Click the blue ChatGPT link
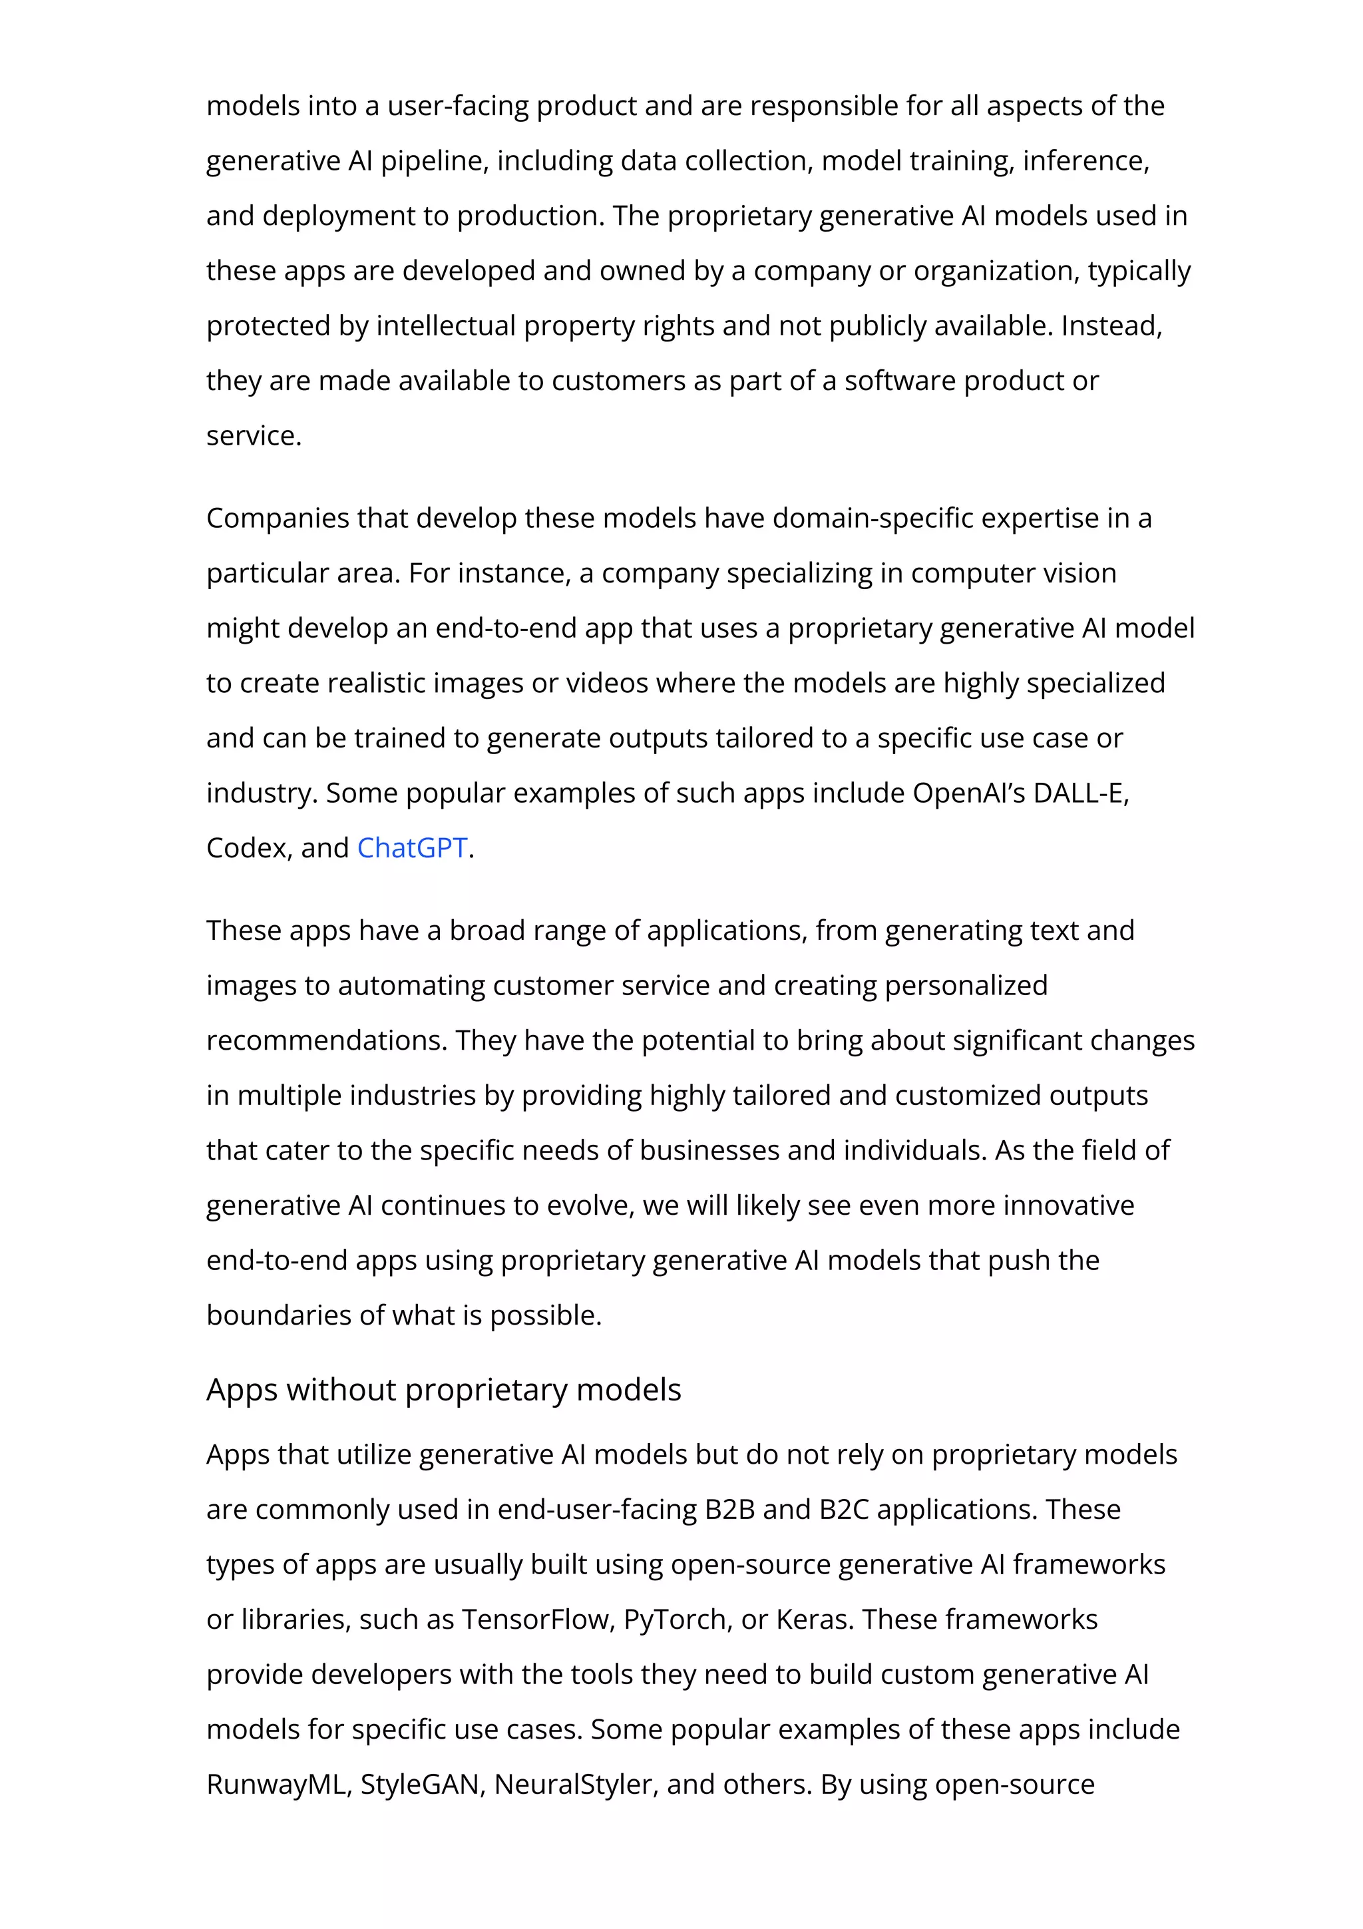[411, 848]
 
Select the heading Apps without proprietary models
[443, 1391]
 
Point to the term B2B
[729, 1510]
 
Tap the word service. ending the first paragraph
[254, 436]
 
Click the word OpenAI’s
[968, 793]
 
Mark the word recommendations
[327, 1041]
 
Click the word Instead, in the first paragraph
[1111, 326]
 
